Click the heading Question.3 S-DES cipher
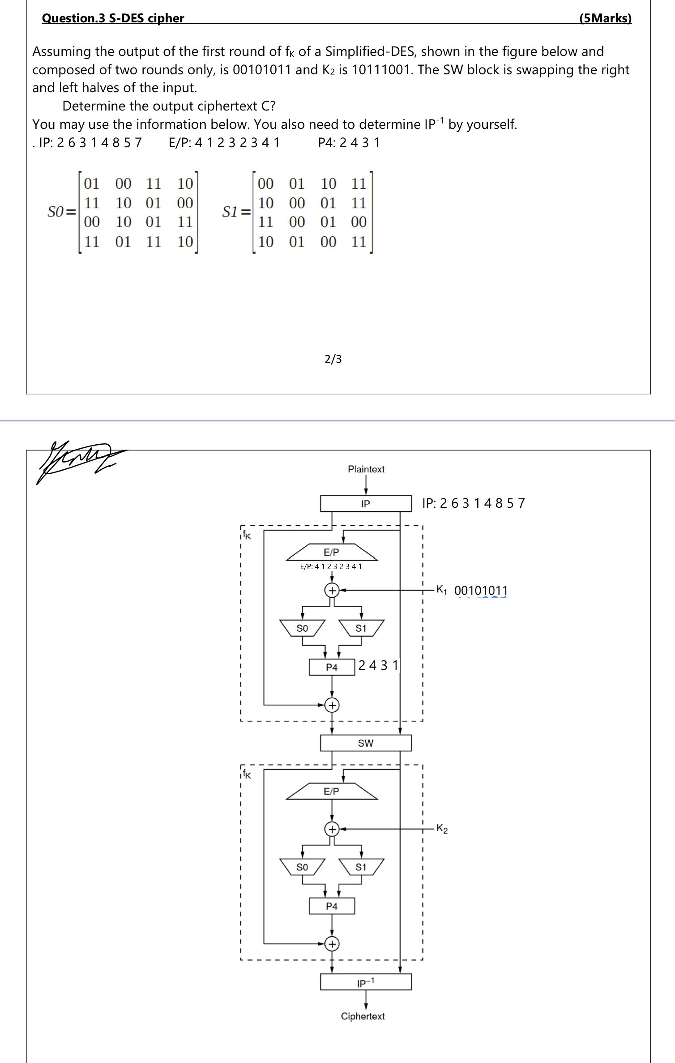[x=113, y=18]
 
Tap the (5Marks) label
[x=605, y=18]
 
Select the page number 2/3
[x=333, y=359]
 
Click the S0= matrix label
[x=62, y=212]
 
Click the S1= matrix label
[x=236, y=212]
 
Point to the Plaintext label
[x=366, y=469]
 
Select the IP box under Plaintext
[x=366, y=504]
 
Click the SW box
[x=366, y=743]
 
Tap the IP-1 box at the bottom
[x=366, y=982]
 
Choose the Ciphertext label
[x=363, y=1016]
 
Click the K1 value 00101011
[x=481, y=591]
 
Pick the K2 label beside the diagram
[x=442, y=829]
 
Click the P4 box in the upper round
[x=332, y=667]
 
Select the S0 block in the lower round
[x=302, y=867]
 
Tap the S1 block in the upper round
[x=361, y=628]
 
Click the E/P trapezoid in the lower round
[x=332, y=791]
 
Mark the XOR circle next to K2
[x=332, y=829]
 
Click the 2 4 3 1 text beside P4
[x=378, y=665]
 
